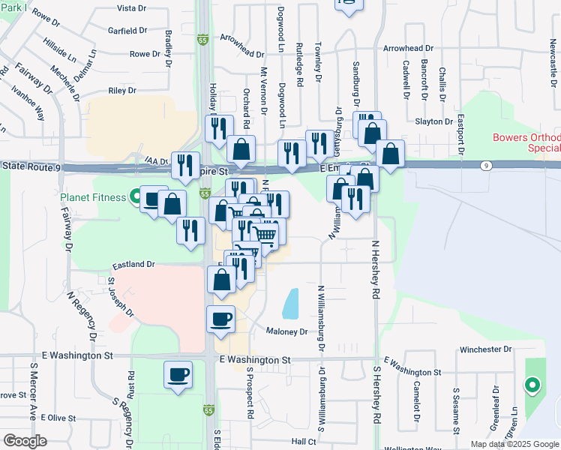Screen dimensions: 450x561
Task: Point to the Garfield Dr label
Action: [127, 31]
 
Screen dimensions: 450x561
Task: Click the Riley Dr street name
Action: [122, 90]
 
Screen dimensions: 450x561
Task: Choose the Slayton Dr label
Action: [433, 121]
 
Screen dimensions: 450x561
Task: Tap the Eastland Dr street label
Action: [133, 265]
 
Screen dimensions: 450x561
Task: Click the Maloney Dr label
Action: [287, 331]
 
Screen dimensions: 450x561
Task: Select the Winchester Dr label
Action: [485, 349]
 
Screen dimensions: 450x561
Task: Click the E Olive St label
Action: [58, 417]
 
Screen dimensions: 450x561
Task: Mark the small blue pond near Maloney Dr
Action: [290, 303]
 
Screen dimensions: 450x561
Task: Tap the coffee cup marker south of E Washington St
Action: [178, 374]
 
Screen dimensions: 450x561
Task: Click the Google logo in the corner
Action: [25, 441]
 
